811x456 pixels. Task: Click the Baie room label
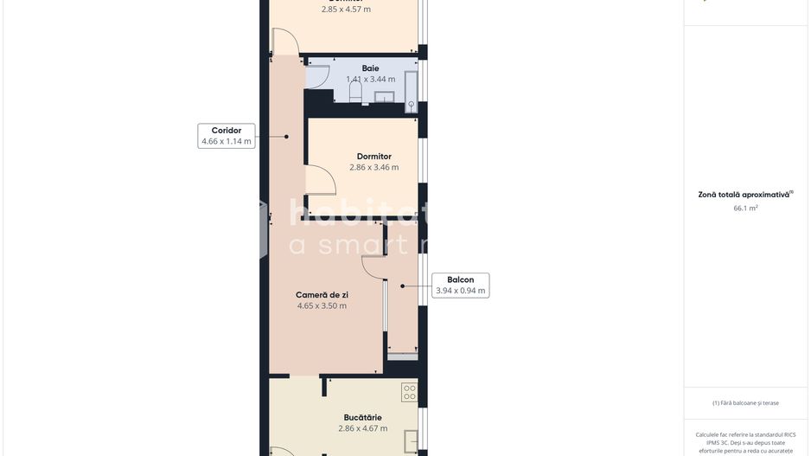coord(370,68)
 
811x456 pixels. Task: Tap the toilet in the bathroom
coord(355,92)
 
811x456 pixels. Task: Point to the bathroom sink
coord(384,96)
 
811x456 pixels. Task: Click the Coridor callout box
coord(227,136)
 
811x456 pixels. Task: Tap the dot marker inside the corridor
coord(286,136)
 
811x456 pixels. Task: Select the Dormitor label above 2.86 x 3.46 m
coord(374,157)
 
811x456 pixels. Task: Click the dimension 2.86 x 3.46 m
coord(374,168)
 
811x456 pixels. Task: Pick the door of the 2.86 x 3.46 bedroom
coord(321,182)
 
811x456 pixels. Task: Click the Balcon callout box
coord(460,286)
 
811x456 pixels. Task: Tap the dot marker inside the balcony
coord(402,286)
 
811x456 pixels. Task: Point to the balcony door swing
coord(375,267)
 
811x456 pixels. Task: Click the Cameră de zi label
coord(322,295)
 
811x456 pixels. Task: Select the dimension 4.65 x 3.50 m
coord(322,305)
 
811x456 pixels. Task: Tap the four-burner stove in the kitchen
coord(409,393)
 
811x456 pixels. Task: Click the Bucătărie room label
coord(362,417)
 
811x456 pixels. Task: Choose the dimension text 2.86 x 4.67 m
coord(362,428)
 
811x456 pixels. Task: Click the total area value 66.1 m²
coord(745,209)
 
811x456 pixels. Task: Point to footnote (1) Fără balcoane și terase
coord(745,402)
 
